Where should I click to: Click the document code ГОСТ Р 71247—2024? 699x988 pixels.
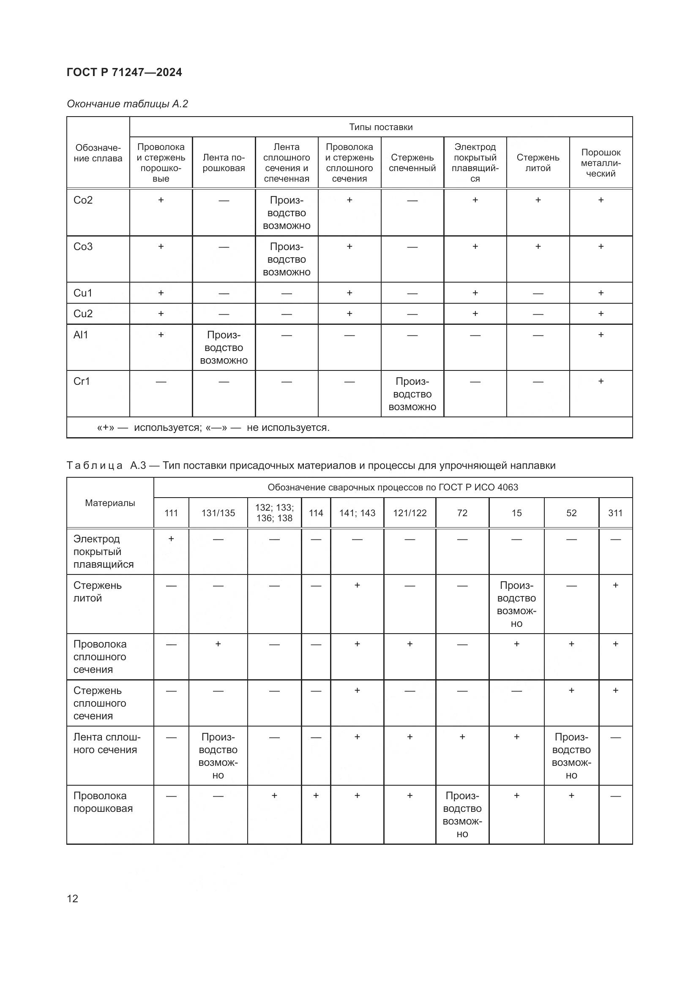pos(124,72)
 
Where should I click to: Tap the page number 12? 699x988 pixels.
pos(73,898)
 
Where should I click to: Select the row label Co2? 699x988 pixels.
pos(83,200)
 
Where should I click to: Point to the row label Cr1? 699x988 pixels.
pos(82,381)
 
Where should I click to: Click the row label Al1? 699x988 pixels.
pos(81,335)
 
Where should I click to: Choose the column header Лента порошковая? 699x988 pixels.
pos(224,163)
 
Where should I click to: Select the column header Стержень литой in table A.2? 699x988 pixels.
pos(538,163)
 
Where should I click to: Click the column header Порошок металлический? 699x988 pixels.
pos(601,163)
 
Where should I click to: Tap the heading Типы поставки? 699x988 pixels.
pos(381,127)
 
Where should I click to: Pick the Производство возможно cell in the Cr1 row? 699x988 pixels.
pos(412,394)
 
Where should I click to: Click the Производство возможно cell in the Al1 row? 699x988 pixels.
pos(224,347)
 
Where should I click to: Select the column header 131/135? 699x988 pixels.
pos(218,513)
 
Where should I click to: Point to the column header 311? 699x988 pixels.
pos(615,513)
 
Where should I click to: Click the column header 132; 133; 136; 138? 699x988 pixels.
pos(275,513)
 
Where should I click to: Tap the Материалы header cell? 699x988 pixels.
pos(110,503)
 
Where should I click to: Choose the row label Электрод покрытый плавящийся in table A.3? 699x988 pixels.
pos(103,551)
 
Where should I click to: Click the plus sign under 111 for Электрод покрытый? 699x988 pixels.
pos(171,539)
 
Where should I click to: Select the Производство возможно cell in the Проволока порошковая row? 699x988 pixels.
pos(462,814)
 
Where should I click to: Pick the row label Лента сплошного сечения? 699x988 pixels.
pos(107,743)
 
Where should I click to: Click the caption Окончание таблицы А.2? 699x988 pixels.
pos(127,104)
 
